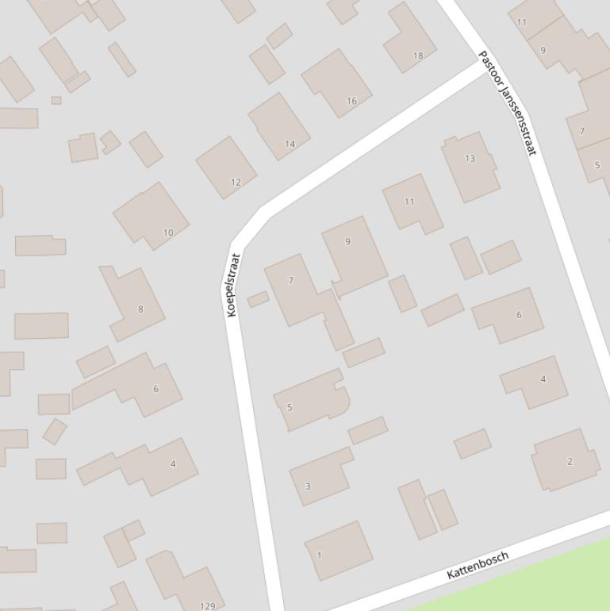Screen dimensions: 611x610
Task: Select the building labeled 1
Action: [x=339, y=550]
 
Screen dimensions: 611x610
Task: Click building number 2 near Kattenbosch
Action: [x=565, y=459]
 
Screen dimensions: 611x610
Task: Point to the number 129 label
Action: [x=207, y=606]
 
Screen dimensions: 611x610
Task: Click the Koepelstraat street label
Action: [x=232, y=285]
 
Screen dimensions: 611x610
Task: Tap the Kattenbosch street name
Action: [x=477, y=565]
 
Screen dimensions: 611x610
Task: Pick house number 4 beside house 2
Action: [x=535, y=382]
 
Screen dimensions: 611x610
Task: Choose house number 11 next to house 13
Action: [x=412, y=202]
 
